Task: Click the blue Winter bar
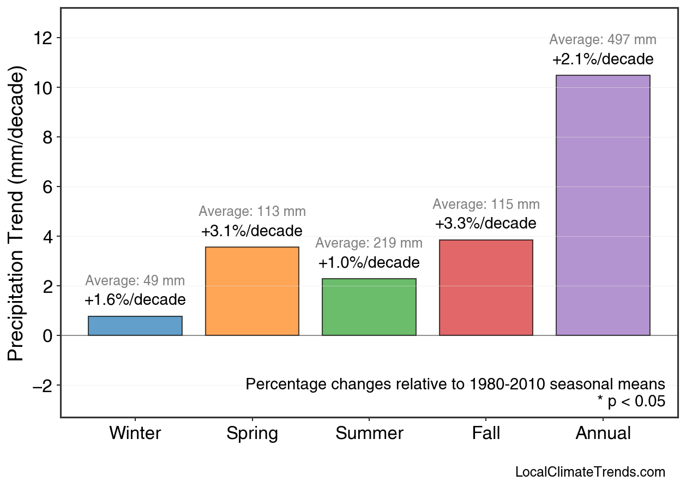click(135, 326)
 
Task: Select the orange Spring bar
click(252, 291)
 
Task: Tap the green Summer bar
click(369, 307)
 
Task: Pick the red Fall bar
click(486, 287)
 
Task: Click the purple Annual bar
click(603, 205)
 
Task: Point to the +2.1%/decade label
click(603, 59)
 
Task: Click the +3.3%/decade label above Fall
click(486, 224)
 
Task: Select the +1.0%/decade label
click(369, 263)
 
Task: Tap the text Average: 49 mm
click(135, 281)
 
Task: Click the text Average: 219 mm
click(369, 243)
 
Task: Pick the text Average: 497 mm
click(603, 40)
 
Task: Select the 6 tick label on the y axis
click(47, 187)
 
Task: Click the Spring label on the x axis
click(252, 434)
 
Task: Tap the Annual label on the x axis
click(603, 434)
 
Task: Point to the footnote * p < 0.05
click(631, 402)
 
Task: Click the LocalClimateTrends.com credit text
click(590, 472)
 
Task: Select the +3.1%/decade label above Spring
click(252, 231)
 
